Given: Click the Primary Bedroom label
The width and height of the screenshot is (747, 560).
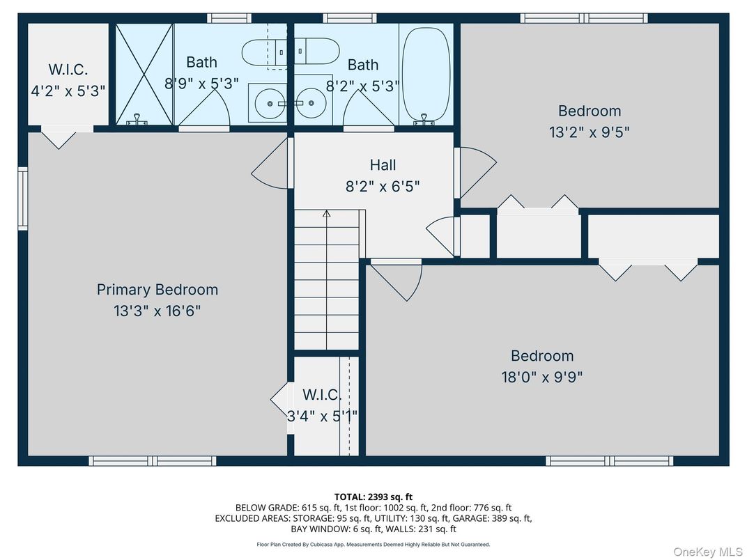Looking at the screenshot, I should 157,290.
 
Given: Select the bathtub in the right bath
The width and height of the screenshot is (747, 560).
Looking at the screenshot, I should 425,74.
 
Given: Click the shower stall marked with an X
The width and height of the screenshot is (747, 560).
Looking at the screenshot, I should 144,74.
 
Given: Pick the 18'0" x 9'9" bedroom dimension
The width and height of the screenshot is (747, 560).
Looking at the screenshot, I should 541,378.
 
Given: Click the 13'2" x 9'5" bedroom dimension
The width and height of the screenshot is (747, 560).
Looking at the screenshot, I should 589,132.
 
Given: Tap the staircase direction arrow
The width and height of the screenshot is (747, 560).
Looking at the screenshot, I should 326,215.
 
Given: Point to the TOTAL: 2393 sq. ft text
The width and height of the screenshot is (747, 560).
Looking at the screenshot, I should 373,497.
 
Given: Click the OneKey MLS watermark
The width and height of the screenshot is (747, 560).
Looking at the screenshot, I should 707,552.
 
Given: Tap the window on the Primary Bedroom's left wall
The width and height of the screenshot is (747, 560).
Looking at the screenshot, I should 23,199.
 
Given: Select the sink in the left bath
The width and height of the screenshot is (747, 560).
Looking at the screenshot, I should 270,104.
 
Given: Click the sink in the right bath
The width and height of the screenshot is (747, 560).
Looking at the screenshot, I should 311,104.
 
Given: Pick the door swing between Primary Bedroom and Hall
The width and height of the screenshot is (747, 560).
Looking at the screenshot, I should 270,164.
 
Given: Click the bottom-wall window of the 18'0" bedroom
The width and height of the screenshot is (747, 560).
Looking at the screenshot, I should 609,460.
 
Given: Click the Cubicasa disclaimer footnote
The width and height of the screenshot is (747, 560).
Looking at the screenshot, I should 373,544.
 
